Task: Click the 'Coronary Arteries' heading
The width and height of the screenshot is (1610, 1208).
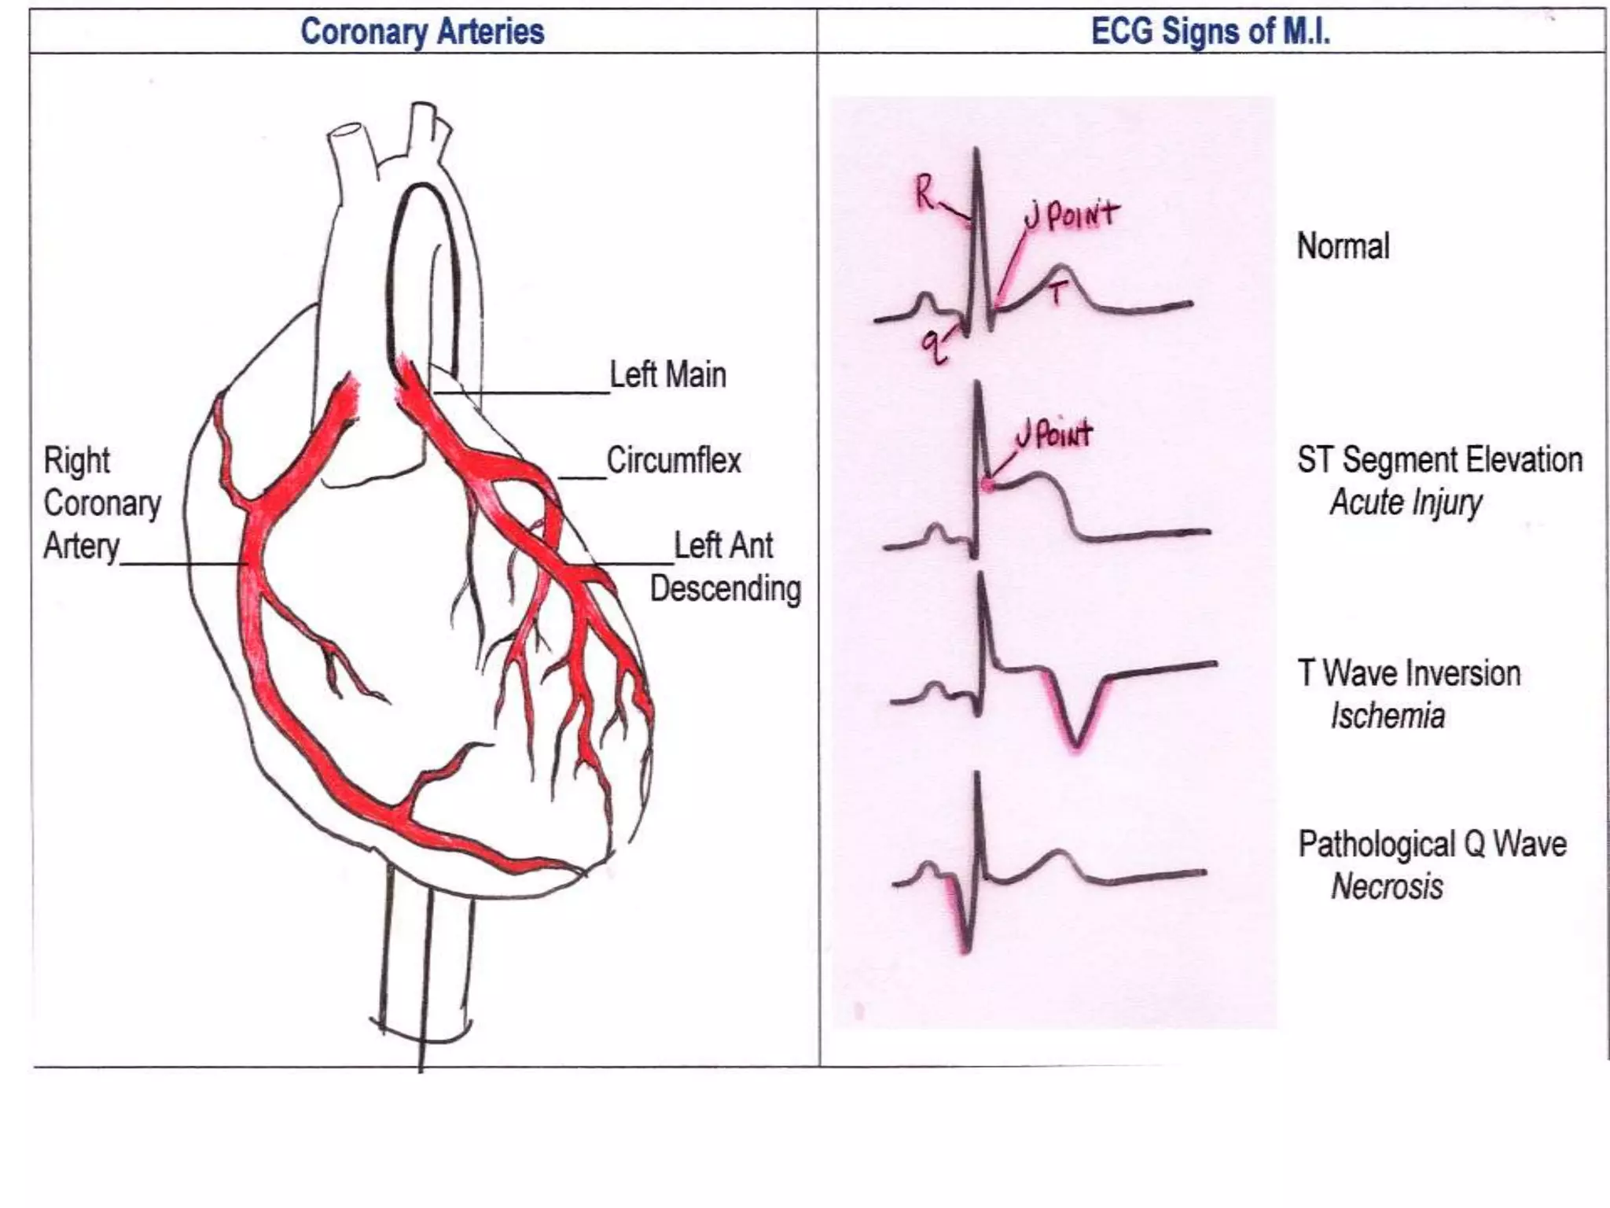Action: [x=422, y=32]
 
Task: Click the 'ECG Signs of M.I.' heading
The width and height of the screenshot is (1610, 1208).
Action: [x=1210, y=32]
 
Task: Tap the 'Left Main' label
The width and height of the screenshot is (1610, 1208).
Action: [x=667, y=375]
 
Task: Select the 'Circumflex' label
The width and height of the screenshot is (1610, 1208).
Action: [x=674, y=461]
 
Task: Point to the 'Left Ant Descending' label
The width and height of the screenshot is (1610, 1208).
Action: [x=724, y=567]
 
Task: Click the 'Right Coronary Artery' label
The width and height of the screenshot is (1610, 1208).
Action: [x=101, y=503]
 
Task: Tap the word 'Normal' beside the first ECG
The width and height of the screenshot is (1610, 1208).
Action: [x=1343, y=246]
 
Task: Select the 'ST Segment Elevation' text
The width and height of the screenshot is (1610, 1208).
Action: [x=1439, y=460]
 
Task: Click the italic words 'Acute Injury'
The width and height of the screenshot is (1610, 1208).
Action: [x=1406, y=503]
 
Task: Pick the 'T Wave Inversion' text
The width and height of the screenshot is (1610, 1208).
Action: [x=1409, y=674]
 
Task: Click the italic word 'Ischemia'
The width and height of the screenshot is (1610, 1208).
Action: [x=1388, y=716]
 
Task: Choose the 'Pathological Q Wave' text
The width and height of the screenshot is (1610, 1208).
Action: [x=1432, y=845]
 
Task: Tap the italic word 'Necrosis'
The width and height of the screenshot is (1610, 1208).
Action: [x=1387, y=887]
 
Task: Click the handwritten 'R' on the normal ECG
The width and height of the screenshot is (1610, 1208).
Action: [x=925, y=192]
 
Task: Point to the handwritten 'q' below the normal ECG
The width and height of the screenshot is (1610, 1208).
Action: [x=932, y=347]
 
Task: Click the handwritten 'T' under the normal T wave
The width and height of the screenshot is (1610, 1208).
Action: [x=1057, y=293]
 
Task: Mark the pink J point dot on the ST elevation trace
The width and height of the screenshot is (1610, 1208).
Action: [x=987, y=485]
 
